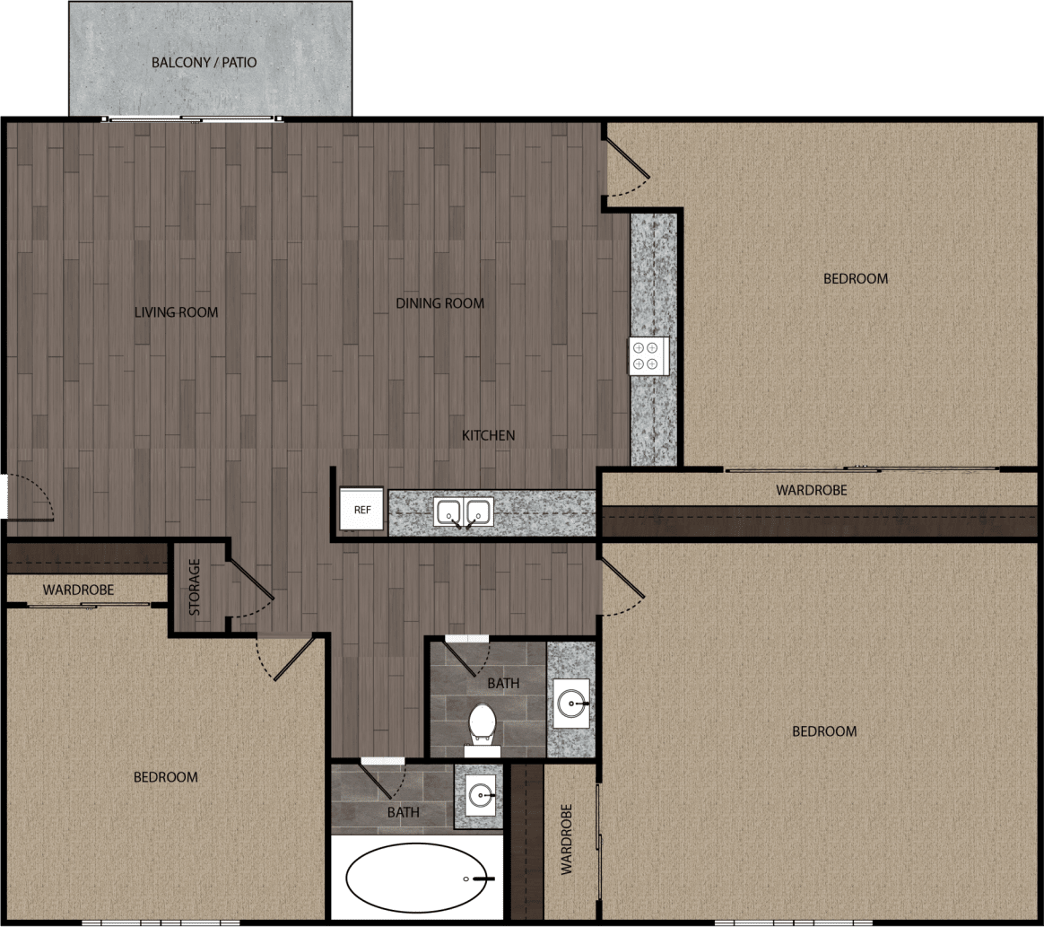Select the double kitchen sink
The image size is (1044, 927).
coord(465,512)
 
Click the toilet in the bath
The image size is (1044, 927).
coord(483,723)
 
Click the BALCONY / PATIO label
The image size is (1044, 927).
coord(204,63)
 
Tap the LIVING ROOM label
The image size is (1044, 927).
coord(176,312)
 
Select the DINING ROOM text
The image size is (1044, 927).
coord(439,303)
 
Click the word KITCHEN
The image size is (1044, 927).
coord(488,435)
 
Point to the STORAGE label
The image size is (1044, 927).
coord(195,588)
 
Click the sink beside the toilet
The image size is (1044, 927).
coord(572,702)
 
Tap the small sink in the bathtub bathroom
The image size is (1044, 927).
coord(482,795)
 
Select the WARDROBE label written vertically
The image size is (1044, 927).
coord(568,839)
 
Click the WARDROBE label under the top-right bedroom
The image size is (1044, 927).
coord(811,490)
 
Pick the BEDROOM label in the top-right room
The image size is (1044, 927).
coord(856,278)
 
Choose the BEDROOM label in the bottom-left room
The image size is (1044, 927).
coord(166,776)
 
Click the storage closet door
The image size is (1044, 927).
coord(250,579)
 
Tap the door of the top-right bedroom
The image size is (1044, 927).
coord(626,158)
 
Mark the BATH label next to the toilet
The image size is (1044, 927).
coord(503,683)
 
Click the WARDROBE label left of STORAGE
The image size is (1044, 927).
coord(79,590)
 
